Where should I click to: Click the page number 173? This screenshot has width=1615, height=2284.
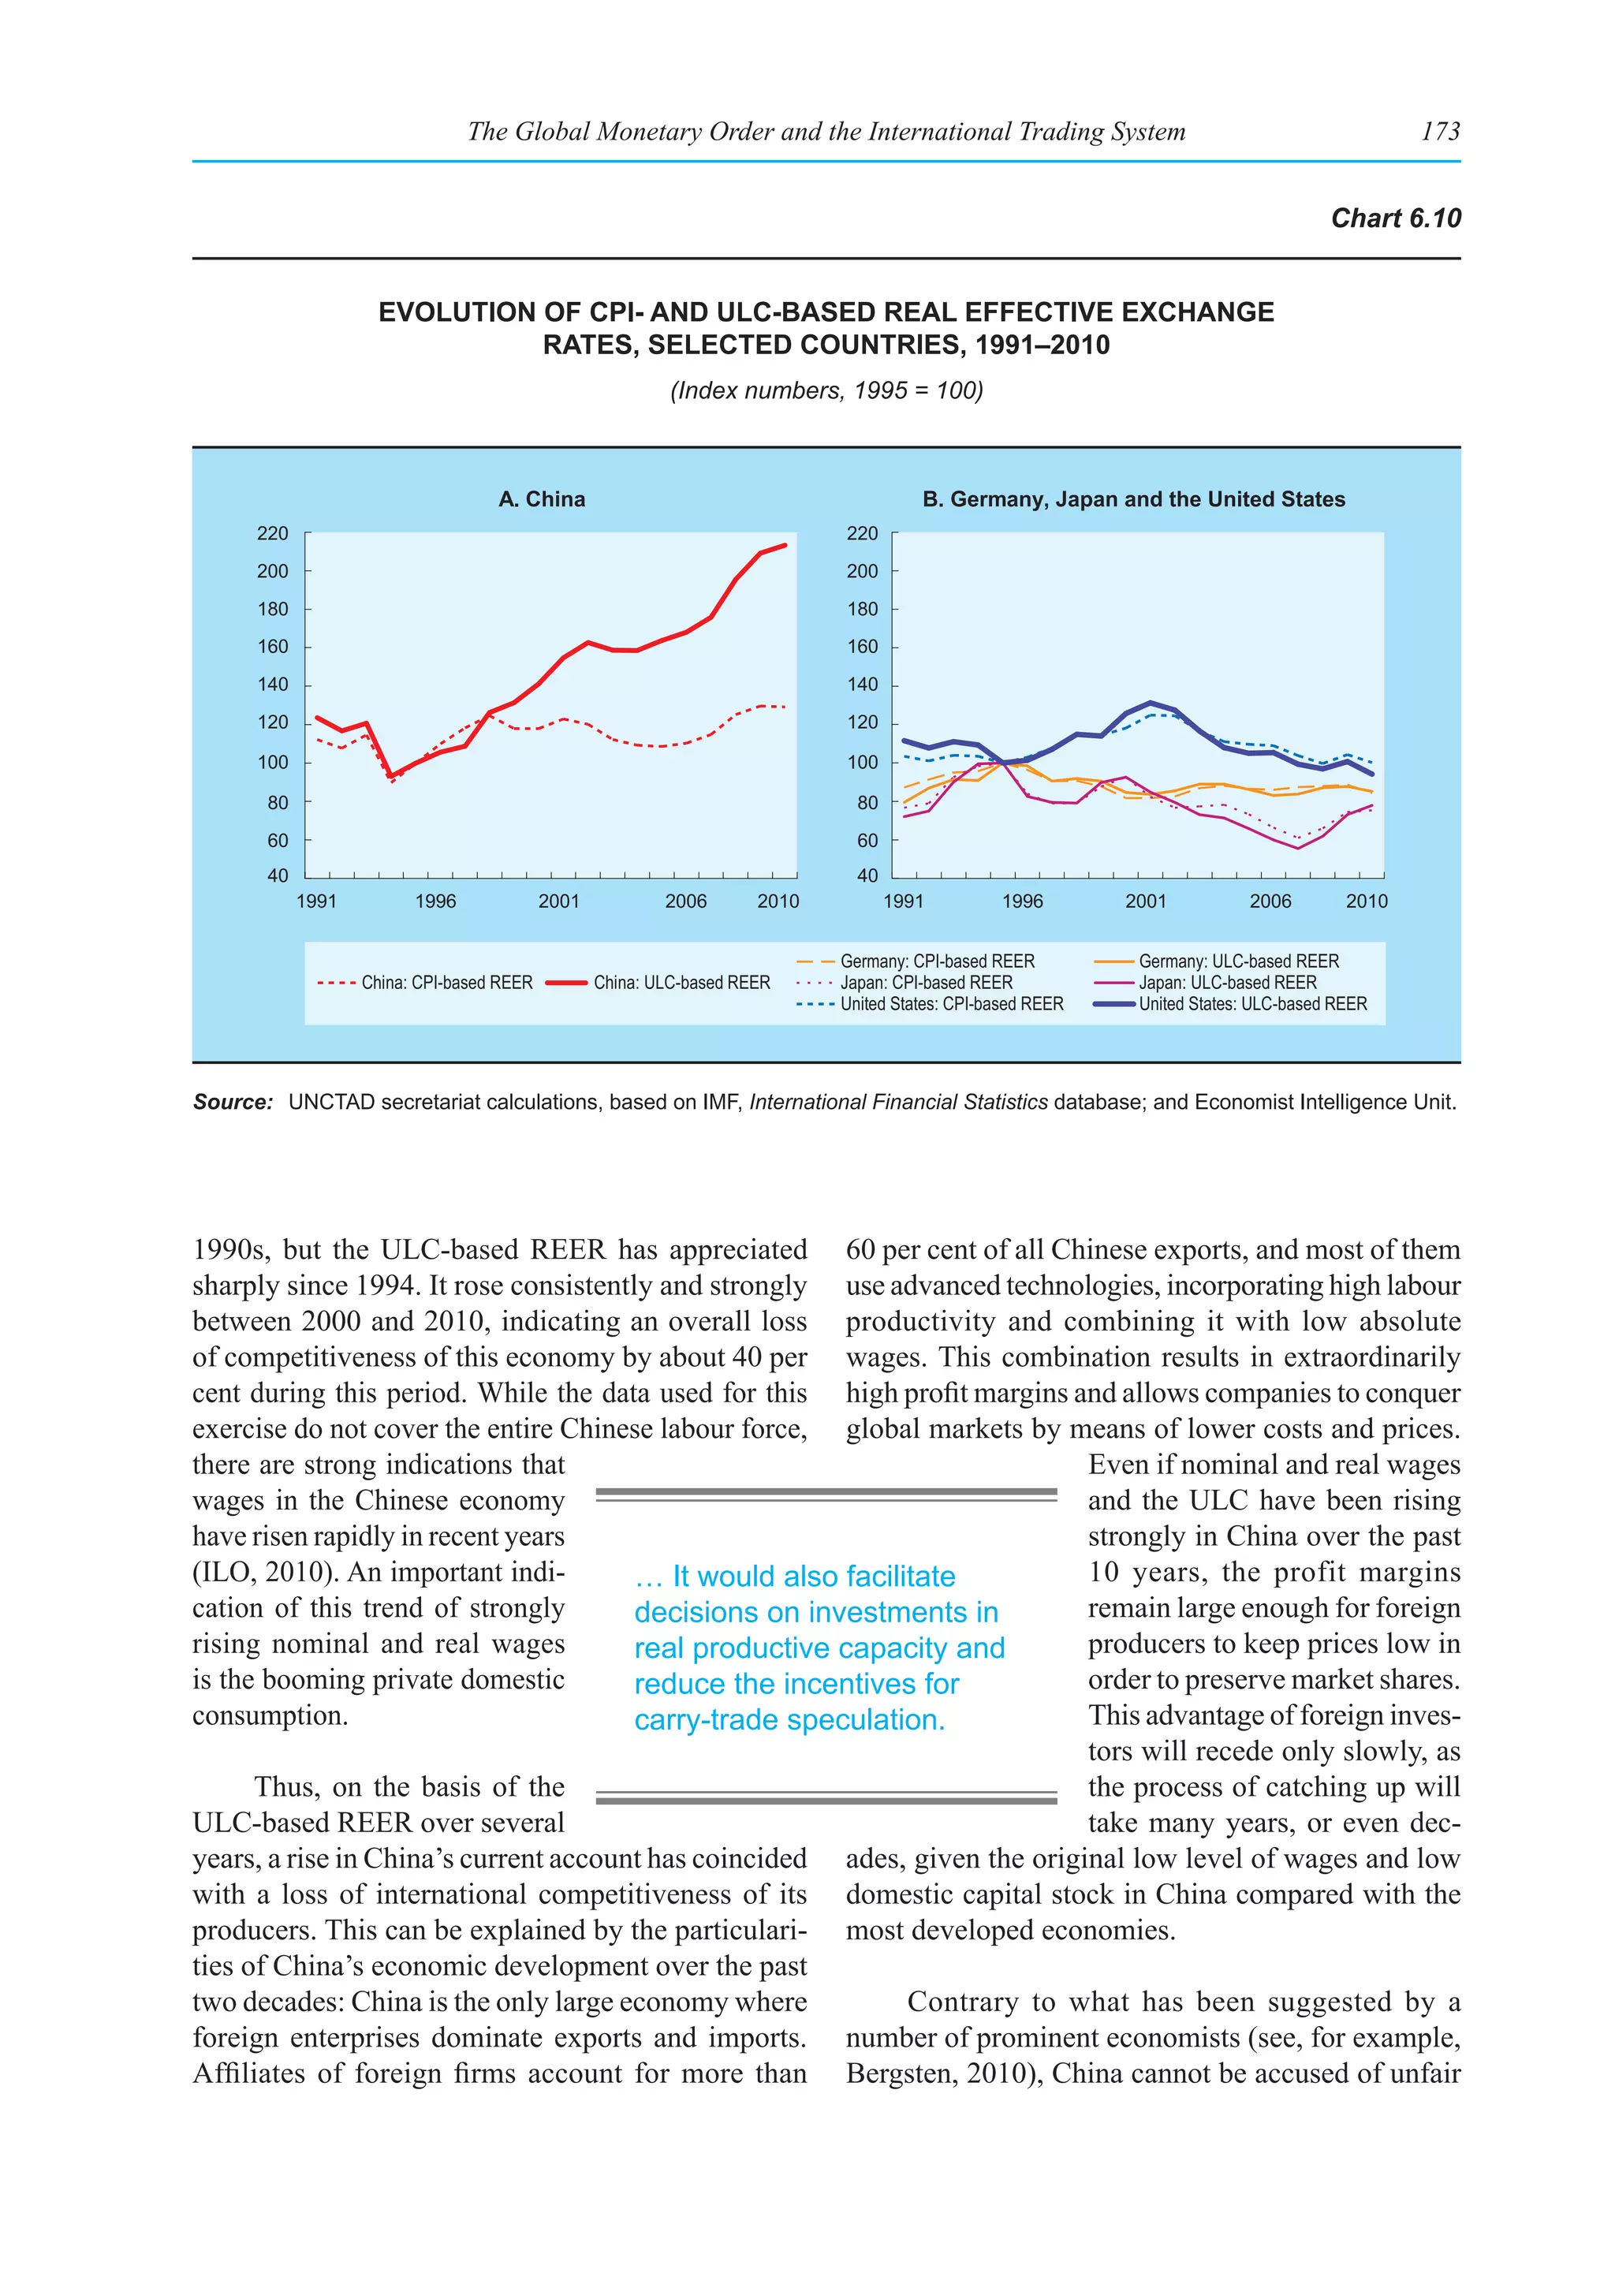[1440, 131]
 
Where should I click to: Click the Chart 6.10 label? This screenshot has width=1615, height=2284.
[1395, 218]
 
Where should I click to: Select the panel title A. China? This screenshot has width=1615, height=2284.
[541, 499]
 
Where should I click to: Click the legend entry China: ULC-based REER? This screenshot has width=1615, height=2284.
[681, 983]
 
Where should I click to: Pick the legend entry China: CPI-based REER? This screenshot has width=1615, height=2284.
[446, 983]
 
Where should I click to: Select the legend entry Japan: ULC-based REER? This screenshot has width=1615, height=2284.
[1226, 983]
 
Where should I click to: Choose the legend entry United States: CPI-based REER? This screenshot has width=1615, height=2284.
[951, 1004]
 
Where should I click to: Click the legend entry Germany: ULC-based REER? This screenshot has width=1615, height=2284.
[1238, 961]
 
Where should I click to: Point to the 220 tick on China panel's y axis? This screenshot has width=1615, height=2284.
[273, 533]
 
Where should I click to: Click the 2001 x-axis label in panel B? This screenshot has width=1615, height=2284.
[1145, 901]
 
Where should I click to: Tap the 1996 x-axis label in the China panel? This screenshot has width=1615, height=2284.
[435, 901]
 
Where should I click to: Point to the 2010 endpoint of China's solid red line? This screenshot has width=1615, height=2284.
[785, 545]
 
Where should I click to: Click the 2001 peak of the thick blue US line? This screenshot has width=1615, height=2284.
[1151, 703]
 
